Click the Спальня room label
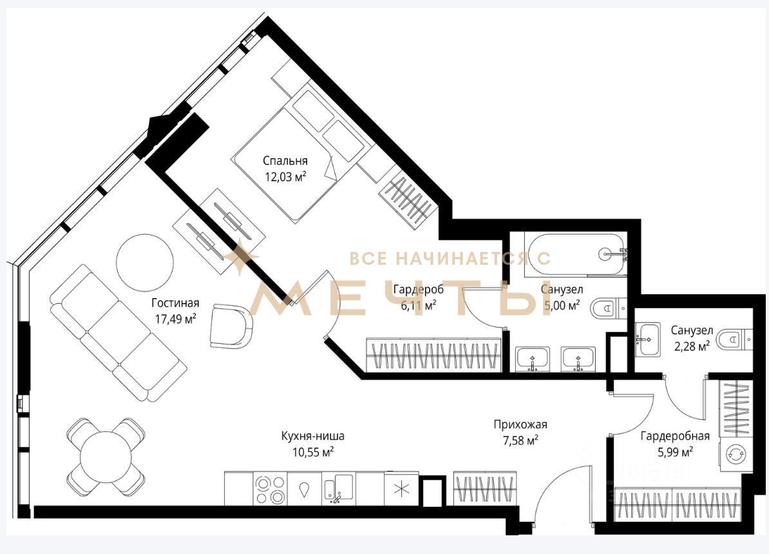285,161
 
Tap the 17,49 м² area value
176,319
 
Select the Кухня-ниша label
313,436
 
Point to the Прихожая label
520,424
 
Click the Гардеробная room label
675,435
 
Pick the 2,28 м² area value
692,347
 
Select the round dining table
106,457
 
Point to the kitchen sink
338,488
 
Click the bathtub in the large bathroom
575,254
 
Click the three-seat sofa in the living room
118,333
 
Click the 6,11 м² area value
419,306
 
